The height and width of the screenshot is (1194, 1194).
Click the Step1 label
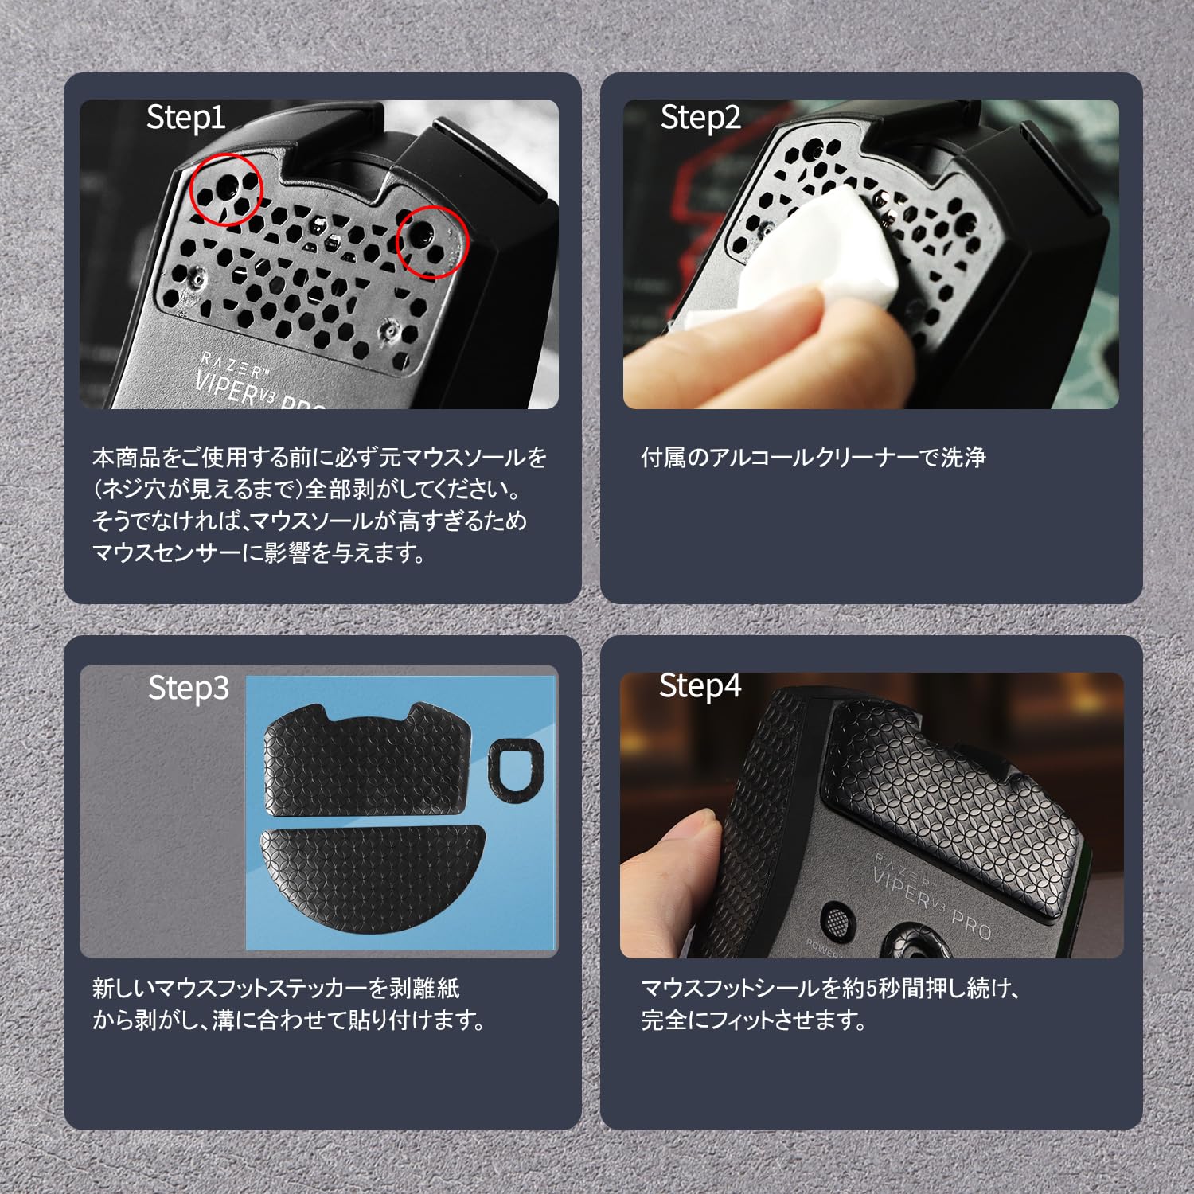[185, 118]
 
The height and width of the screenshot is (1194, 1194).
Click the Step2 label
[700, 118]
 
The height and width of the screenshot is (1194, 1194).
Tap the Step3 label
[188, 688]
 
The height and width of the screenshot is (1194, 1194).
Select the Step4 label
[699, 686]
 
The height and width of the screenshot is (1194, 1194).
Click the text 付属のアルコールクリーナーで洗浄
[813, 458]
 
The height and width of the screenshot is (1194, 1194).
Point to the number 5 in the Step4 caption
[870, 989]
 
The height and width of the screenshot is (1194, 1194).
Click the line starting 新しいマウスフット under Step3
[275, 989]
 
